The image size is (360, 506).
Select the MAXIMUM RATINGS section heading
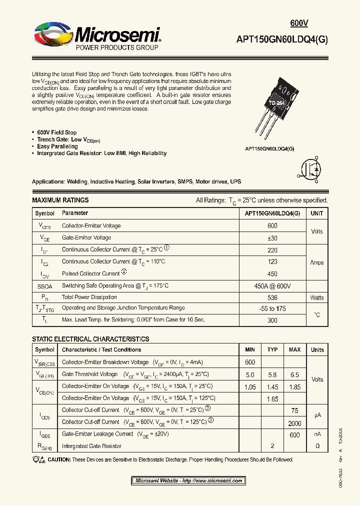tap(60, 200)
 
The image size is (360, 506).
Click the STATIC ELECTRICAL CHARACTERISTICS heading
tap(90, 339)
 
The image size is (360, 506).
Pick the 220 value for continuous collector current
tap(272, 249)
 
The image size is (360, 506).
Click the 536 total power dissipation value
tap(272, 297)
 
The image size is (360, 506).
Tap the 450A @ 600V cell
tap(272, 286)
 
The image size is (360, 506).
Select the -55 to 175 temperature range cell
tap(272, 309)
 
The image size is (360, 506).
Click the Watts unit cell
tap(317, 297)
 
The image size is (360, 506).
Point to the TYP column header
tap(272, 350)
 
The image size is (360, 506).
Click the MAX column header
tap(294, 350)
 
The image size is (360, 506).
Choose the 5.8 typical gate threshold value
tap(272, 374)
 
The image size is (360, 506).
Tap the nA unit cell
tap(317, 434)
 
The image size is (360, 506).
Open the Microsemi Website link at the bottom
tap(188, 481)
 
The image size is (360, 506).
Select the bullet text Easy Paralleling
tap(57, 146)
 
